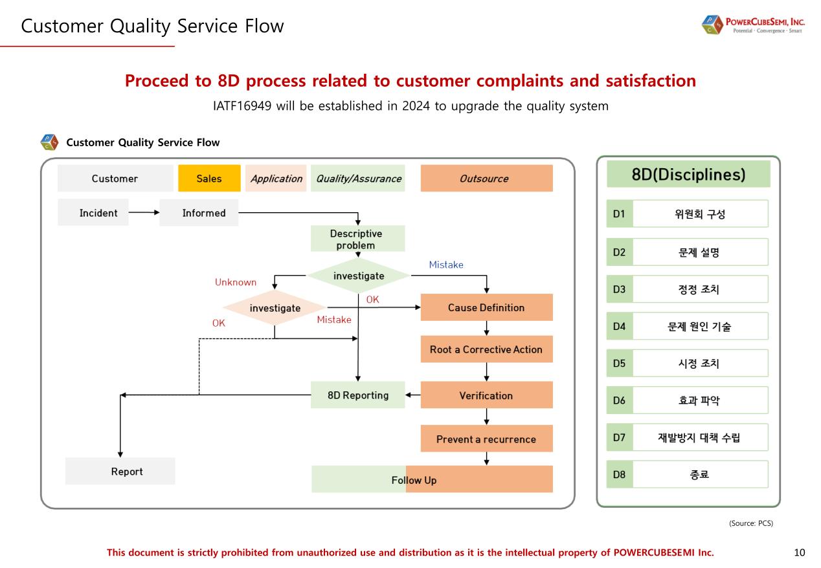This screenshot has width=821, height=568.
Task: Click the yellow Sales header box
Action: pos(209,179)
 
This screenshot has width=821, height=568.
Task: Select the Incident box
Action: pos(98,213)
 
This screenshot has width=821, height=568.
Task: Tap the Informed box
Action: pos(199,213)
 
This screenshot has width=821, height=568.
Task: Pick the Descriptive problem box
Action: pos(357,239)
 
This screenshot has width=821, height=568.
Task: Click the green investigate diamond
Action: pos(358,276)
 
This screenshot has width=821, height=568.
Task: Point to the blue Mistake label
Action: pos(446,265)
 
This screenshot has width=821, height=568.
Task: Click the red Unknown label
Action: pos(236,282)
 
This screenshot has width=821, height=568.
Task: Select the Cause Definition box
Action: pos(486,307)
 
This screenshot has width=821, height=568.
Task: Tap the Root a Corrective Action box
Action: pos(486,349)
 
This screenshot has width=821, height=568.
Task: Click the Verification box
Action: pos(486,395)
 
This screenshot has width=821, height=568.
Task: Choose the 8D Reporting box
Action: pos(358,395)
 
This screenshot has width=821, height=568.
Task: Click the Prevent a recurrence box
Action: pos(486,439)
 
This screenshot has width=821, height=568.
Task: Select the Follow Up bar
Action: pos(432,480)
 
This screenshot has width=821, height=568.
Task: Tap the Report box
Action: pos(120,471)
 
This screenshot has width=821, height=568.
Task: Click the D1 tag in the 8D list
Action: pos(619,214)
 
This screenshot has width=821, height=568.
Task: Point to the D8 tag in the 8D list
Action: pos(619,474)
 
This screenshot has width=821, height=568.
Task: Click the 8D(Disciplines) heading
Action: pos(688,175)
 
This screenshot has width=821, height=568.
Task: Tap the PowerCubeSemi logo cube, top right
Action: pos(711,26)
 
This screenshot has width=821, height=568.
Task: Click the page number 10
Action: pos(799,552)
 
